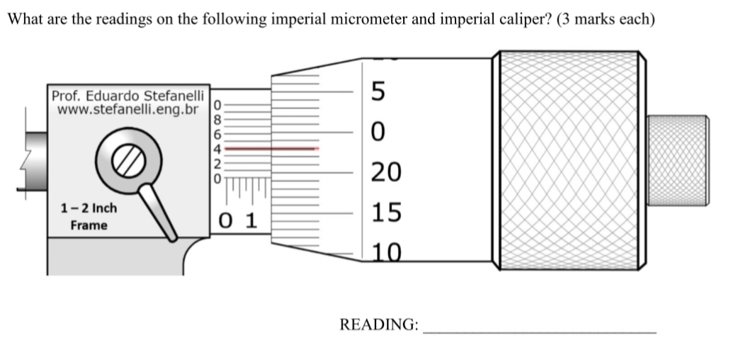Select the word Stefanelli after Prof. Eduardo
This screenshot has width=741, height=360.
pyautogui.click(x=174, y=96)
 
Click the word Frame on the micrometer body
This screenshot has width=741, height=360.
pyautogui.click(x=89, y=225)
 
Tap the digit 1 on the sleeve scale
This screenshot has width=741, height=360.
pyautogui.click(x=250, y=220)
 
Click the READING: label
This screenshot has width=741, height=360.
pyautogui.click(x=379, y=325)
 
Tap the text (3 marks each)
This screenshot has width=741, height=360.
pyautogui.click(x=606, y=19)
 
